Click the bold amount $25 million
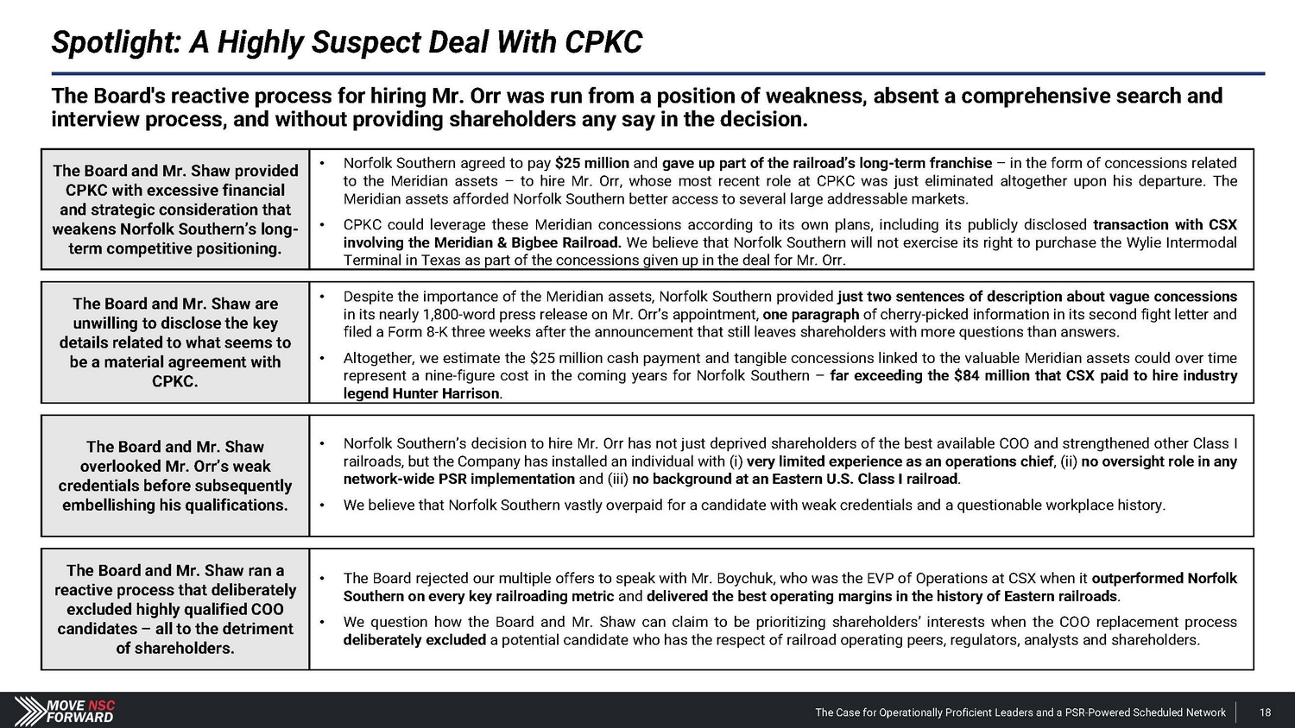pyautogui.click(x=591, y=163)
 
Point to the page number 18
pyautogui.click(x=1265, y=712)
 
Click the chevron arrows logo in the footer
pyautogui.click(x=29, y=711)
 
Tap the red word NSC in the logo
pyautogui.click(x=102, y=706)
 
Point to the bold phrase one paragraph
pyautogui.click(x=811, y=314)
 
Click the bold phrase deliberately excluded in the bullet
pyautogui.click(x=414, y=640)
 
